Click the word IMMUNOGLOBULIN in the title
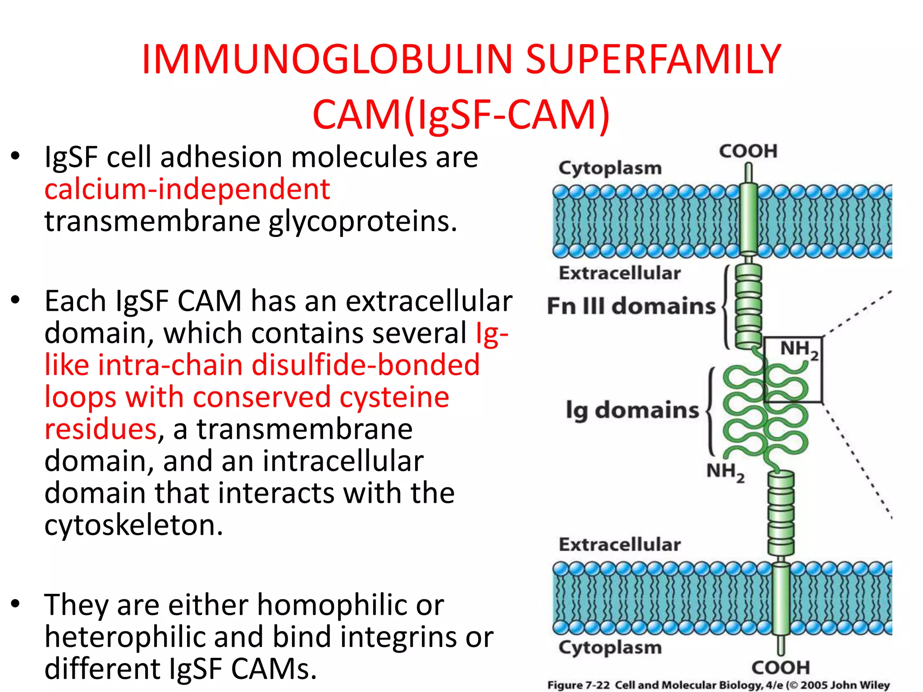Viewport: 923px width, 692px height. coord(327,60)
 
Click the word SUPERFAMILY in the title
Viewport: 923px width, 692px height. coord(653,60)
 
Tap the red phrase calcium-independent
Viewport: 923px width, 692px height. coord(187,189)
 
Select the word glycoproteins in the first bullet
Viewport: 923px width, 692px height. coord(363,222)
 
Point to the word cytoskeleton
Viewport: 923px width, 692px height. coord(133,525)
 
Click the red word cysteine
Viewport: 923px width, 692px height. coord(394,397)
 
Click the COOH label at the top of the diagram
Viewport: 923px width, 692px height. coord(748,151)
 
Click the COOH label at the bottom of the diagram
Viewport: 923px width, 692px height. coord(781,667)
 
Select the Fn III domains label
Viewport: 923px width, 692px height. coord(631,306)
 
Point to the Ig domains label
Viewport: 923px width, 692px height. coord(632,410)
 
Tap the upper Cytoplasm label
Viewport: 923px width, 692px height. coord(610,168)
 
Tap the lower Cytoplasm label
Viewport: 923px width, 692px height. coord(610,647)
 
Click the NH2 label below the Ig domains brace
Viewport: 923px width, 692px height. coord(725,472)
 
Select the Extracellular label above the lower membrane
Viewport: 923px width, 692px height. coord(620,545)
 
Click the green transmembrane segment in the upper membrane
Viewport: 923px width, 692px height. coord(749,221)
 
